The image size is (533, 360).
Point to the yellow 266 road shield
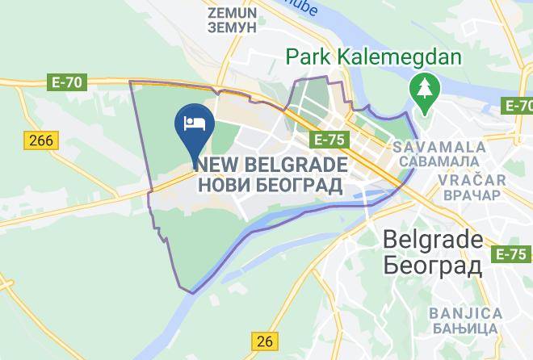[40, 140]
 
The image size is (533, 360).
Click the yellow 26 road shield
[264, 341]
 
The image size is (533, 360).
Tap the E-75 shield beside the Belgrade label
[510, 254]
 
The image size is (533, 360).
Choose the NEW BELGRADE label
[271, 165]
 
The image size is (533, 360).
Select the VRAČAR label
[474, 180]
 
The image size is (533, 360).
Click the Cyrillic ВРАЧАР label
[474, 195]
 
